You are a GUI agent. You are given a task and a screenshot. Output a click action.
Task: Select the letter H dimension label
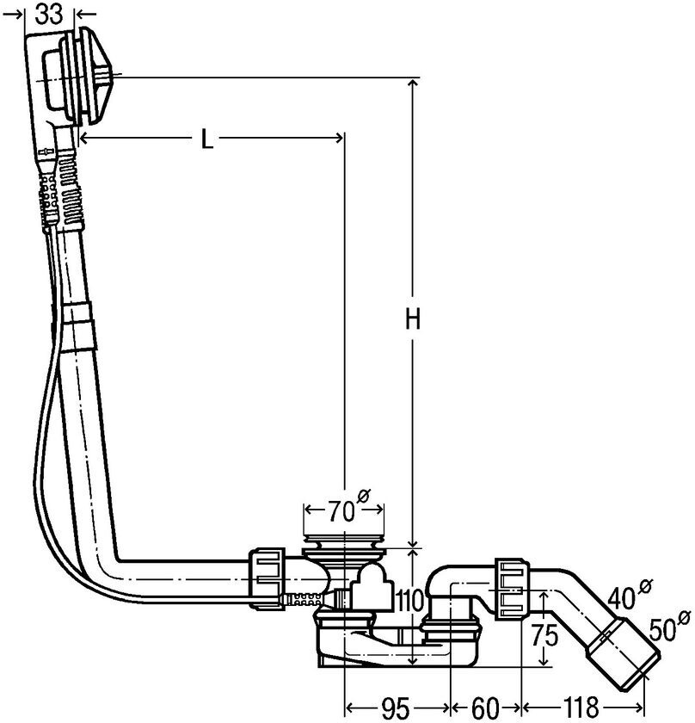point(413,320)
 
